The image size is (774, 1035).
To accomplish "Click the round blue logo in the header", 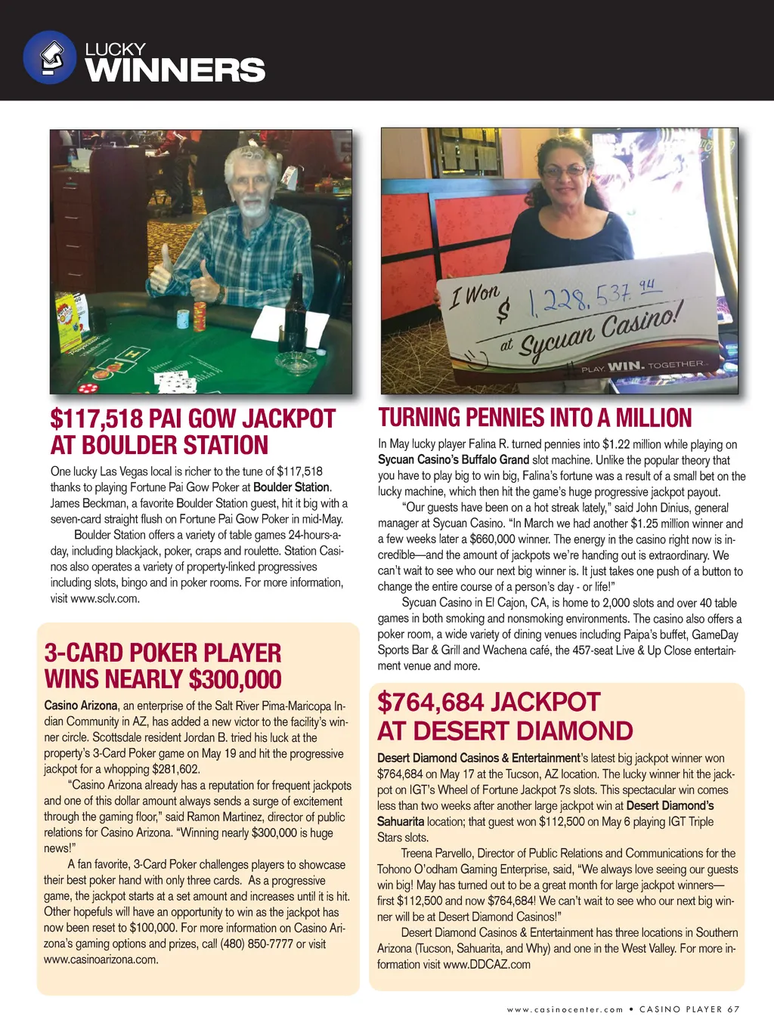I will (50, 57).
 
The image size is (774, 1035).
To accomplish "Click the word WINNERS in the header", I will (175, 71).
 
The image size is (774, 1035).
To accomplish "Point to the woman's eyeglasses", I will (565, 171).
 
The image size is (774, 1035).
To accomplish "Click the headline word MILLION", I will (654, 418).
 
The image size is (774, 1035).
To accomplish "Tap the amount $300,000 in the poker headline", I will (235, 680).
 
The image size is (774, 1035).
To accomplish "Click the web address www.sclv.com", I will (105, 598).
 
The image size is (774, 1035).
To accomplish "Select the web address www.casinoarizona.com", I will (101, 959).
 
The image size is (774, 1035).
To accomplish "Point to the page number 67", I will (734, 1009).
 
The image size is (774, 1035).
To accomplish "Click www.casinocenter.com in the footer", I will (565, 1009).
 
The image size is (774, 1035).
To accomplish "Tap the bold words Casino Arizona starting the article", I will (81, 706).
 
